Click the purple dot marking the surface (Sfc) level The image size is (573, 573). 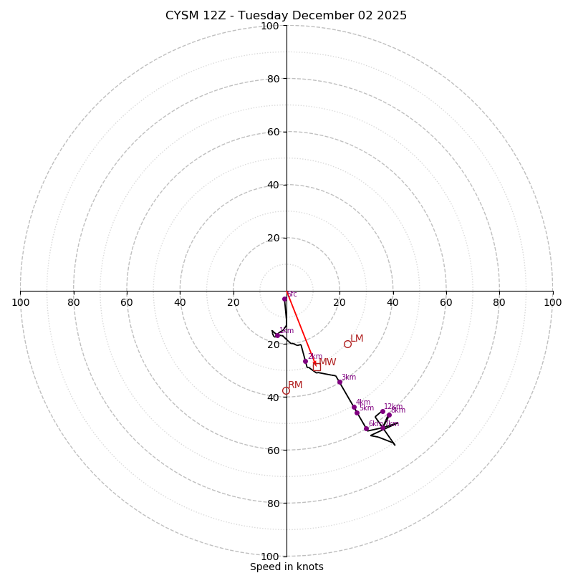pos(284,299)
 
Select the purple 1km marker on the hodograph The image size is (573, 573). pos(277,335)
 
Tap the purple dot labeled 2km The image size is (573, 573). pos(305,361)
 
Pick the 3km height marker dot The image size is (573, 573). pos(340,382)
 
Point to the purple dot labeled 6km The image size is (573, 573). pos(366,428)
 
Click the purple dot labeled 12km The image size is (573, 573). pos(382,412)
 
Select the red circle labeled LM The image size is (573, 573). pos(347,344)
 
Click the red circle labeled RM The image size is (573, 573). pos(286,390)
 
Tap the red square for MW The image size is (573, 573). pos(317,365)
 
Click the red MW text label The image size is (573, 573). pos(327,362)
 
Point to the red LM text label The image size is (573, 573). pos(357,339)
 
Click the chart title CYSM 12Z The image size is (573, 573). pos(286,16)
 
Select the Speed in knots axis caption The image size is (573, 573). pos(286,567)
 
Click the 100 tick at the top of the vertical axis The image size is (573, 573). pos(270,26)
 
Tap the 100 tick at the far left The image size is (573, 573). pos(21,302)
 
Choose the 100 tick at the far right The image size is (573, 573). pos(552,302)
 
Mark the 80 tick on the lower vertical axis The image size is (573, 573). pos(273,504)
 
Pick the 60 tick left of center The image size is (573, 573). pos(127,302)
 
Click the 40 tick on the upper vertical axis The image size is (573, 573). pos(273,185)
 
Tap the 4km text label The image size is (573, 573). pos(363,403)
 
